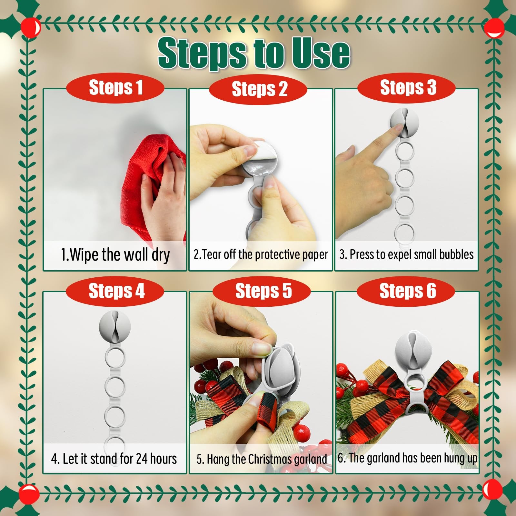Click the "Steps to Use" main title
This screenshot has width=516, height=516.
click(254, 53)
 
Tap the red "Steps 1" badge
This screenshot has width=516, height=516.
click(115, 88)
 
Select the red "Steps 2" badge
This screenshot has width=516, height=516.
click(258, 89)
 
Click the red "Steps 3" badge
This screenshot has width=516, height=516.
click(407, 88)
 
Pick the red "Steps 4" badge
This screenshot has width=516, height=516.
click(115, 291)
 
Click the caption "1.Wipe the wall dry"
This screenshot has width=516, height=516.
click(115, 255)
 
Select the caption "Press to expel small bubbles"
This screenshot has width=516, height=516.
click(412, 254)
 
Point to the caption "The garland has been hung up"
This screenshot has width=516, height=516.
click(413, 458)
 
